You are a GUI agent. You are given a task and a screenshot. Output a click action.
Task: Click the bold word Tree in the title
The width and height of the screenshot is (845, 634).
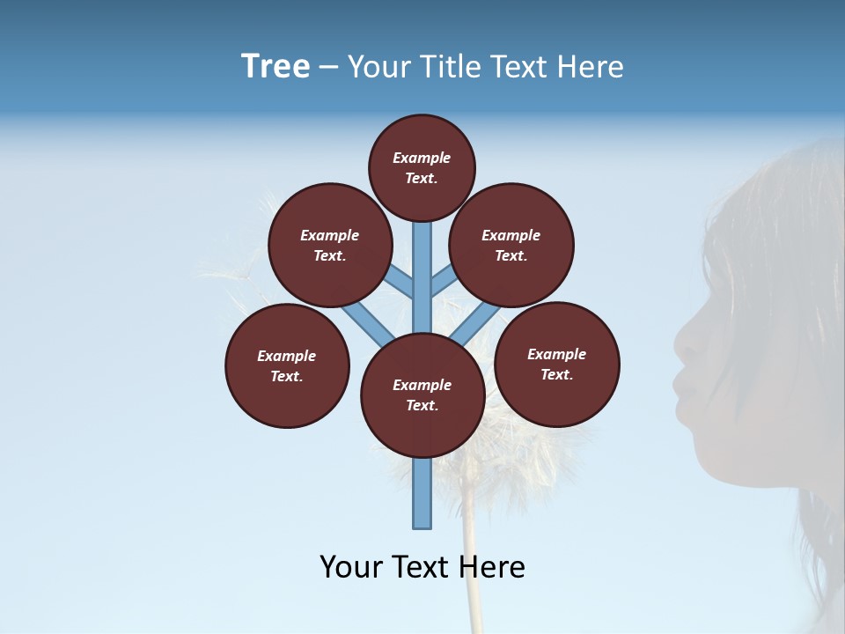tap(276, 67)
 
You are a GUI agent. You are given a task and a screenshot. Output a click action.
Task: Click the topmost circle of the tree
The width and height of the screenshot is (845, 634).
tap(422, 167)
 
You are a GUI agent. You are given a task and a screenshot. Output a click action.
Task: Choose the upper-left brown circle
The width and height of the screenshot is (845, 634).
tap(330, 245)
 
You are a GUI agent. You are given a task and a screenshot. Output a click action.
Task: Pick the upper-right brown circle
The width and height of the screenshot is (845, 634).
tap(511, 245)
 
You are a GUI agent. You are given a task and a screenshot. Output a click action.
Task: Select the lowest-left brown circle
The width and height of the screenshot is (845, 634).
tap(287, 365)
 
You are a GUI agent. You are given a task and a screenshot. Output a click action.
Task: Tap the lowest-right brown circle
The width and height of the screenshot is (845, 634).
tap(557, 364)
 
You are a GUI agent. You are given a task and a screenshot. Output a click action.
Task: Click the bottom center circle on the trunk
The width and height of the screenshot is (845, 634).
tap(422, 395)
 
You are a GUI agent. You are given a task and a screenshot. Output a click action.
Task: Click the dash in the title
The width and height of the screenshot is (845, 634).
tap(328, 68)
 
